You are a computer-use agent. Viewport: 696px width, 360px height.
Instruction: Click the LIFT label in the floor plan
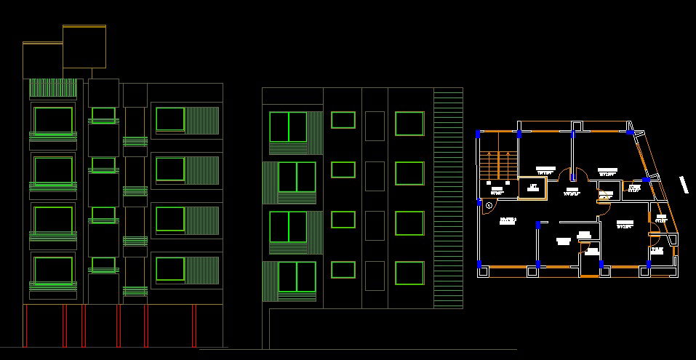532,187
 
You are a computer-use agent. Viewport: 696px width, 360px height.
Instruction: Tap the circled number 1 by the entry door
489,205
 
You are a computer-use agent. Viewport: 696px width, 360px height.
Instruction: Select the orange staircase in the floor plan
499,164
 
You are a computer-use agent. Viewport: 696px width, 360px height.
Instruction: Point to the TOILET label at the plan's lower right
657,249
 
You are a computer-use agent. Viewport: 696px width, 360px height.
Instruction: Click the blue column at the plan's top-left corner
478,134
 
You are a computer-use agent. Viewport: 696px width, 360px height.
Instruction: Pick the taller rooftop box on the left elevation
85,48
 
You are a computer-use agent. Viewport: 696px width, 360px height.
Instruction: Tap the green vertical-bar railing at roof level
53,89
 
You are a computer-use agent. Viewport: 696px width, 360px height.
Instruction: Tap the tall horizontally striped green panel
448,196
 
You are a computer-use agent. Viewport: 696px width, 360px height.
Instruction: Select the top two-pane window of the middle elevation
289,127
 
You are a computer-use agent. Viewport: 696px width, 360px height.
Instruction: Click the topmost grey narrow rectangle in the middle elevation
374,126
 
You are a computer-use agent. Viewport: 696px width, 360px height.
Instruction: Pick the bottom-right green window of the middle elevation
409,273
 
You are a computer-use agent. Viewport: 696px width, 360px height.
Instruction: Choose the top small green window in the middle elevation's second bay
343,120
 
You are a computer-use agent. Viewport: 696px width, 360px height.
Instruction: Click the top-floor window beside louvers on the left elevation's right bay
169,119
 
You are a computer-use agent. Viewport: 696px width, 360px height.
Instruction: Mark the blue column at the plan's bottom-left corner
480,264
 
